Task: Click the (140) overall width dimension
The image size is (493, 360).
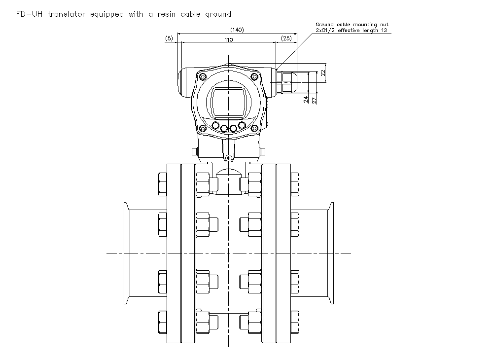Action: click(x=237, y=30)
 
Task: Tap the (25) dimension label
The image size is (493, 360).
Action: click(x=286, y=38)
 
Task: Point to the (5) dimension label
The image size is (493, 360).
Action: click(x=169, y=38)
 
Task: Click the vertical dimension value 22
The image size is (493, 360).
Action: click(x=323, y=72)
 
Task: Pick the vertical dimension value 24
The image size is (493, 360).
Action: click(x=306, y=99)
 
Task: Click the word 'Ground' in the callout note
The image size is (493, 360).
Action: click(x=325, y=24)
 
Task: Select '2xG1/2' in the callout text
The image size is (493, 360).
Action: click(x=326, y=30)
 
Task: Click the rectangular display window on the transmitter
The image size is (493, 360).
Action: click(x=228, y=102)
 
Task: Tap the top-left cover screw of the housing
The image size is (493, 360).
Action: click(x=202, y=76)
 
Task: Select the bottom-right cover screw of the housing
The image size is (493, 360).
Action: click(x=254, y=129)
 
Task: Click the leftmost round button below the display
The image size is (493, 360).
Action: click(x=214, y=126)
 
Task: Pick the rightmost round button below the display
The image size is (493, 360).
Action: click(x=242, y=126)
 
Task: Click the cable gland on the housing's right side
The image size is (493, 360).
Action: click(x=287, y=81)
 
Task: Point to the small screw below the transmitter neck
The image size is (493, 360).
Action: click(x=228, y=158)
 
